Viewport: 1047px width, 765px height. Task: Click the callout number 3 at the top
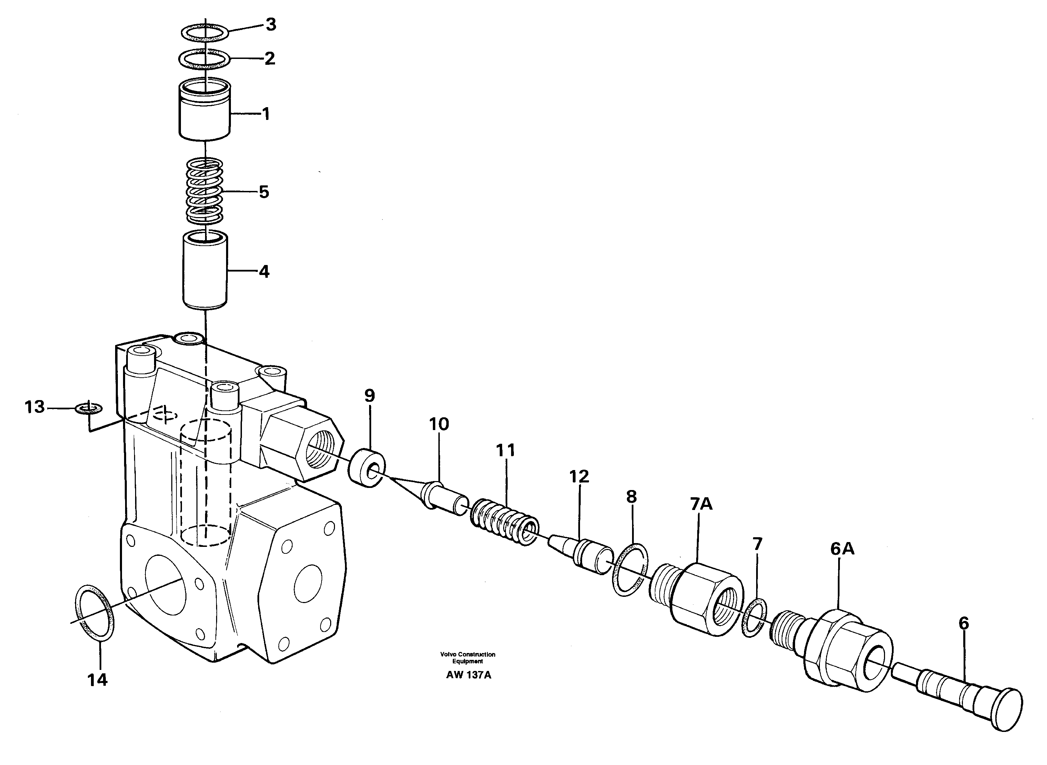(271, 24)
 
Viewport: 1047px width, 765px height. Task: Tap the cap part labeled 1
(204, 111)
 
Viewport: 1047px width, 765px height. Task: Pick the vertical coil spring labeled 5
(204, 191)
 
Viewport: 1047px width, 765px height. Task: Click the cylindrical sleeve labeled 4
(205, 271)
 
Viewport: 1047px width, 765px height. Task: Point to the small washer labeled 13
(89, 408)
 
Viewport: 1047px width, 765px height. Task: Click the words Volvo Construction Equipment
(468, 657)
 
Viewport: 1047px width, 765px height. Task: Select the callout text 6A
(842, 549)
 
